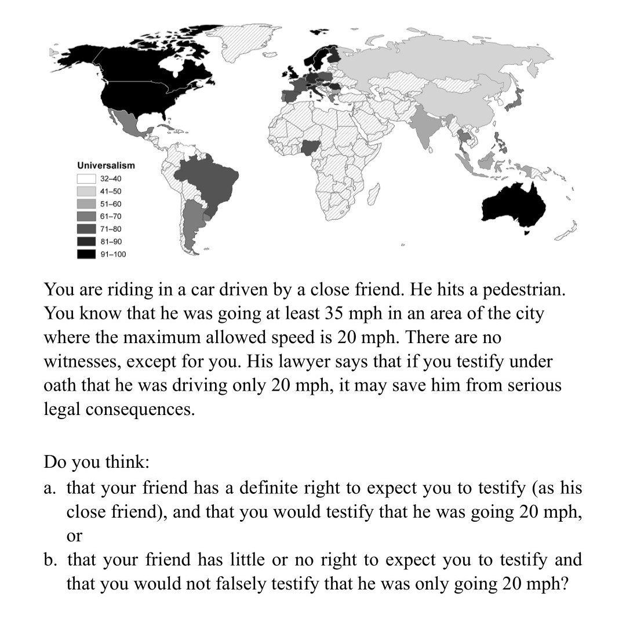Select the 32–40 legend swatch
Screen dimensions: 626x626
[x=86, y=179]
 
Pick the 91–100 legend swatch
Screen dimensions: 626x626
[x=86, y=254]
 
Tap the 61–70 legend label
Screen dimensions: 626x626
[x=110, y=216]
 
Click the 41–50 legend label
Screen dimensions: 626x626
[x=110, y=191]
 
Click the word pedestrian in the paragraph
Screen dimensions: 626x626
[x=522, y=289]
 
